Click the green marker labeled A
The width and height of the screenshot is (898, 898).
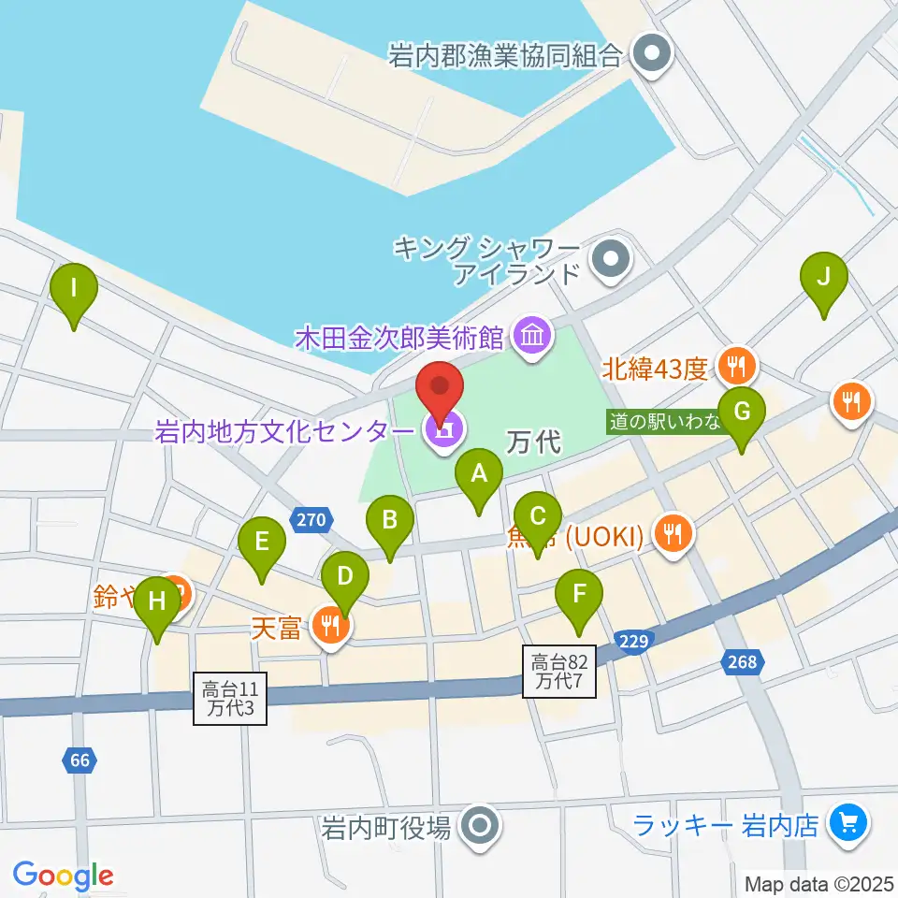[479, 474]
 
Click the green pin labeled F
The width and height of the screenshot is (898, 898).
[579, 593]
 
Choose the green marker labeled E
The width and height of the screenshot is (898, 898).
[262, 542]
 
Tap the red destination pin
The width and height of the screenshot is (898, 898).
[441, 385]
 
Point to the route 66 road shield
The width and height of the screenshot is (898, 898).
[80, 760]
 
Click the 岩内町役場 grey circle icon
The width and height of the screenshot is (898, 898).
[481, 825]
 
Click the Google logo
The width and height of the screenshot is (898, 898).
[64, 876]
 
